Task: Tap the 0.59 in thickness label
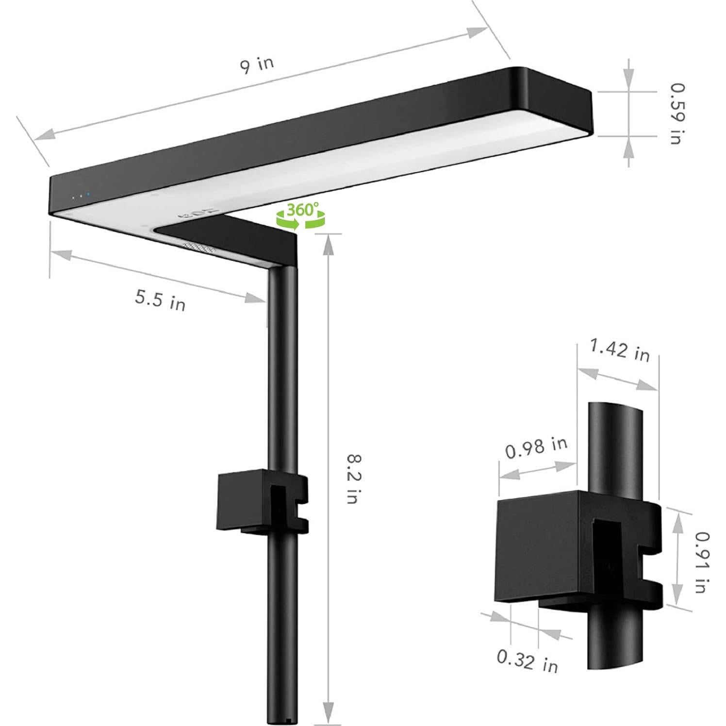coord(676,114)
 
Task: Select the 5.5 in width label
coord(160,300)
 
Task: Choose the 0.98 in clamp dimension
coord(536,447)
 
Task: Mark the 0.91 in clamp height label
coord(699,562)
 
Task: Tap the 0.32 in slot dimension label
coord(527,660)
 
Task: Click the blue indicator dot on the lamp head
coord(88,196)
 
